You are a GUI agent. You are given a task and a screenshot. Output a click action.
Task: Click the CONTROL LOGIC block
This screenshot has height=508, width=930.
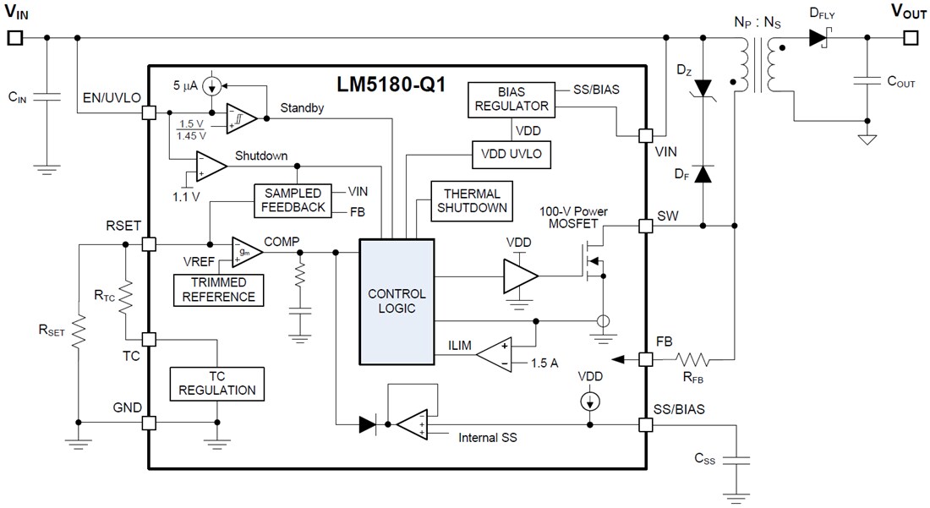coord(397,301)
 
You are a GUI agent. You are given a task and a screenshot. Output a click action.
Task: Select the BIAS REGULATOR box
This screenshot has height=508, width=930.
coord(510,98)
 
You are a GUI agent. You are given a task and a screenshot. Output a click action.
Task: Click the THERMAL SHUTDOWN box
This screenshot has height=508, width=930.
coord(472,200)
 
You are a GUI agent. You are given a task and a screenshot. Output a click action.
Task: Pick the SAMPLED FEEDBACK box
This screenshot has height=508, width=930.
coord(292,199)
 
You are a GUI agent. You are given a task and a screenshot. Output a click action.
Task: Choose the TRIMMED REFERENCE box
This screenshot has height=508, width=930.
coord(217,289)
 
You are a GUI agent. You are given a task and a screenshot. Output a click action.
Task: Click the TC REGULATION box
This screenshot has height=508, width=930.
coord(216,383)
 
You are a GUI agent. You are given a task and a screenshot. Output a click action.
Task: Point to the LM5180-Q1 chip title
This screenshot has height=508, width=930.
coord(392,85)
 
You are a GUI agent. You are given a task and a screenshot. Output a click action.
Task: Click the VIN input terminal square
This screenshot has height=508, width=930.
coord(14,37)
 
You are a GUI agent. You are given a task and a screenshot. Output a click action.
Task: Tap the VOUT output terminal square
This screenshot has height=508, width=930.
coord(910,37)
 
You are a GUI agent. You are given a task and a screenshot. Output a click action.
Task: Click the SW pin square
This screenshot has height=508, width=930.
coord(646,226)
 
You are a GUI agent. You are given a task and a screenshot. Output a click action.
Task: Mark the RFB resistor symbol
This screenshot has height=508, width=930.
coord(693,359)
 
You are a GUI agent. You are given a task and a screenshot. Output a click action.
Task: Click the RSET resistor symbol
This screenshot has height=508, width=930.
coord(78,333)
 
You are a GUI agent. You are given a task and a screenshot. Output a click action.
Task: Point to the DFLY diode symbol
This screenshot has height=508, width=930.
coord(818,37)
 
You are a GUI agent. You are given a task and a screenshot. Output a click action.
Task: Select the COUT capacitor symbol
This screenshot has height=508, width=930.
coord(867,82)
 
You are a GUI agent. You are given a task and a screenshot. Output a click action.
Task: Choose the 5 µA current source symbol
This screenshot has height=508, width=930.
coord(213,85)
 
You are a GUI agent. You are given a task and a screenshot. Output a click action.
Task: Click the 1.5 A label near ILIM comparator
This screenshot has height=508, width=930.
coord(544,363)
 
